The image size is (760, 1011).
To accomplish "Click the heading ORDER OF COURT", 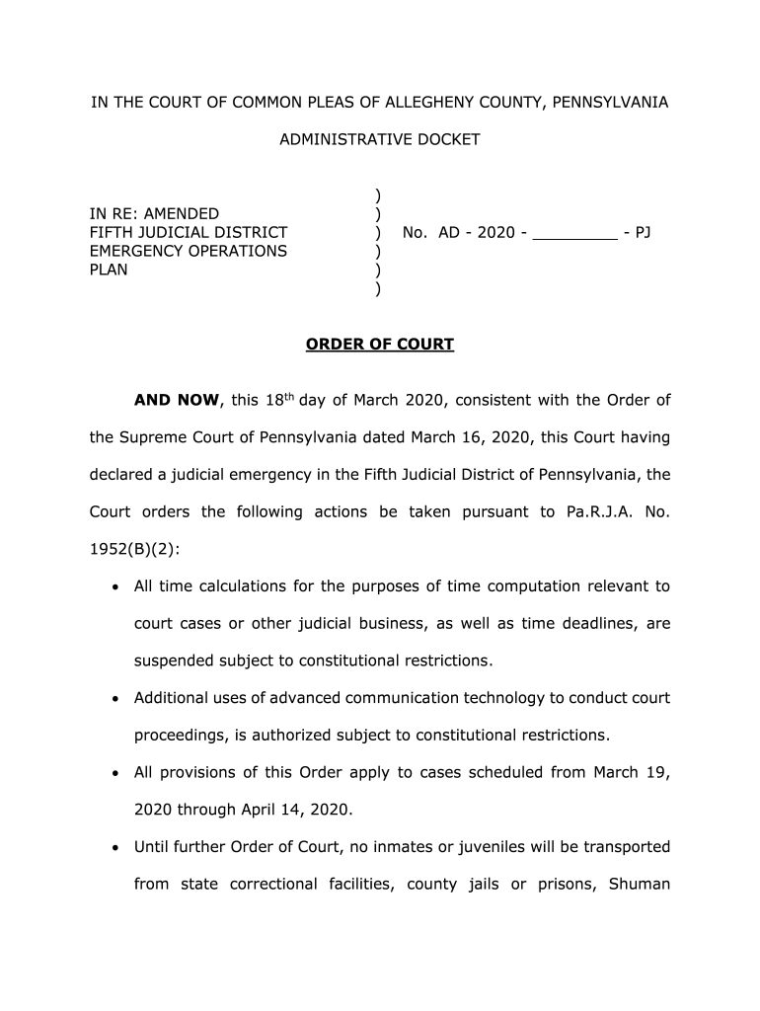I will point(379,345).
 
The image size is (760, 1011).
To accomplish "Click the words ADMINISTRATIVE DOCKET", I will point(379,139).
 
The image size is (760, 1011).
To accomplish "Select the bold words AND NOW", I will point(177,400).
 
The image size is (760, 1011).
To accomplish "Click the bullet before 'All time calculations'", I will point(115,587).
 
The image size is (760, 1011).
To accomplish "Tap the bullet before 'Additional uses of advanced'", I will point(115,699).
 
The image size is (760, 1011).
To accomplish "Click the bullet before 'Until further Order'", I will point(115,848).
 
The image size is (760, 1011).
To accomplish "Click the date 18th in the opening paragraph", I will point(277,399).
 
